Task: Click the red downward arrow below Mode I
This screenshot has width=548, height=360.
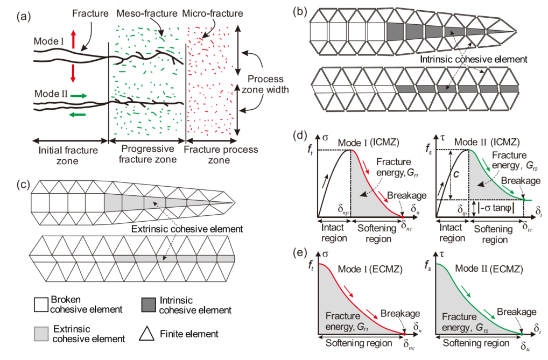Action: [74, 73]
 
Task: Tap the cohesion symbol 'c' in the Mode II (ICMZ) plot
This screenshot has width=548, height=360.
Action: [456, 175]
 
